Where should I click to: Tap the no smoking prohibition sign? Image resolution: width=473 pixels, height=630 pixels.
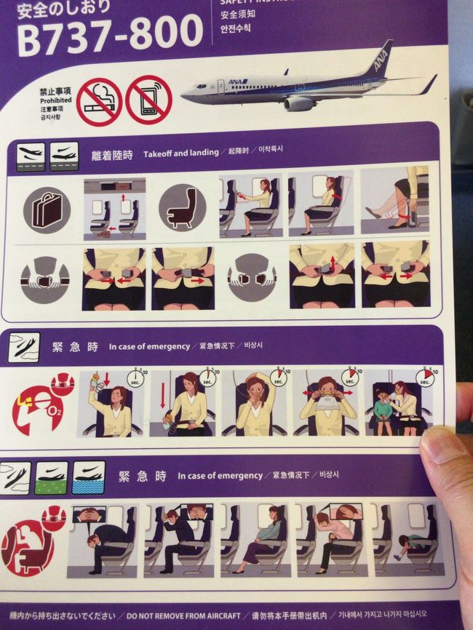[x=99, y=101]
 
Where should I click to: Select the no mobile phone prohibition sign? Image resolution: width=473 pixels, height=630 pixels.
[x=148, y=100]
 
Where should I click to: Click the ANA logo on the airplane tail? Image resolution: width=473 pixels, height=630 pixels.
[x=381, y=61]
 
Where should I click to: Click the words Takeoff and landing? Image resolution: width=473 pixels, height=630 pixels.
[x=180, y=153]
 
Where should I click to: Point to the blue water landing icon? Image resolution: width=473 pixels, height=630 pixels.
[x=89, y=477]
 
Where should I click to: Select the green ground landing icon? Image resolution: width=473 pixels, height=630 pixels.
[x=51, y=477]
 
